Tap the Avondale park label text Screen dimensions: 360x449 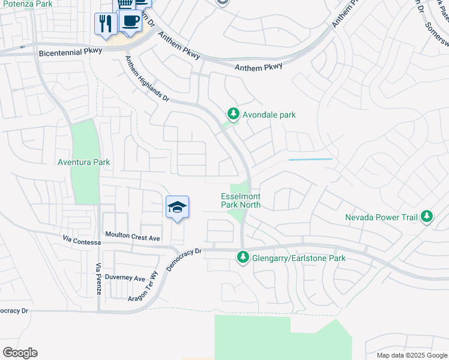click(x=268, y=115)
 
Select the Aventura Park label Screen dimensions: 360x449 click(x=83, y=162)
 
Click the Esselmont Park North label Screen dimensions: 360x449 click(x=241, y=200)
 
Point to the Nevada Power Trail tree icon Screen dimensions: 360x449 click(x=427, y=216)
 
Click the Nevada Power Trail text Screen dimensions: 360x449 click(x=381, y=217)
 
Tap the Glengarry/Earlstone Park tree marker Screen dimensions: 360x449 click(x=243, y=257)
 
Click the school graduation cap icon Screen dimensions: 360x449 click(x=177, y=207)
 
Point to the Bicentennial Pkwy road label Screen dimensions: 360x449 click(x=71, y=53)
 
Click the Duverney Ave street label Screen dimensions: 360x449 click(x=125, y=278)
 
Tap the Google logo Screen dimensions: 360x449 click(x=20, y=353)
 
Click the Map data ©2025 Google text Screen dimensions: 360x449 click(x=412, y=355)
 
